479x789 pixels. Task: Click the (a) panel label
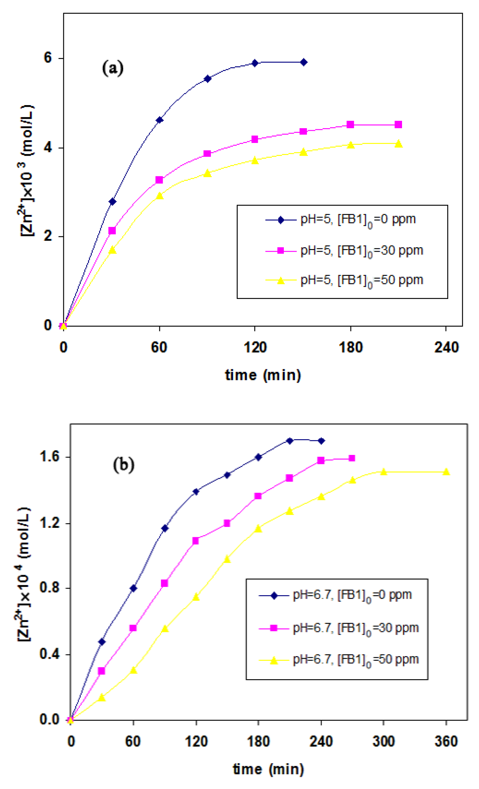tap(112, 68)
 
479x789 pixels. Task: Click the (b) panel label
tap(124, 465)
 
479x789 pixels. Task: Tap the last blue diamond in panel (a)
tap(304, 62)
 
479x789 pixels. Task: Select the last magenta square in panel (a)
tap(398, 125)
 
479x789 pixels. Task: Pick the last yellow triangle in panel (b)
tap(446, 472)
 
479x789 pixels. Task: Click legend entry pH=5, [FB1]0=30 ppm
tap(362, 251)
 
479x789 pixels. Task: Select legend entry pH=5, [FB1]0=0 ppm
tap(358, 220)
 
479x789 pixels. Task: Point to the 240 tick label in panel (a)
tap(446, 347)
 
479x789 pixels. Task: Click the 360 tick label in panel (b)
tap(446, 741)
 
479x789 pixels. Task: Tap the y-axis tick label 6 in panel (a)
tap(48, 58)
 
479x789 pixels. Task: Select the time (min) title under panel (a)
tap(263, 375)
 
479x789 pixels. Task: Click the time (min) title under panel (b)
tap(268, 769)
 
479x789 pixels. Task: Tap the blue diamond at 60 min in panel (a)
tap(159, 120)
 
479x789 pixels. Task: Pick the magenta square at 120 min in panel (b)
tap(196, 541)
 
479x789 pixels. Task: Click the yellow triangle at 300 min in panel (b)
tap(384, 472)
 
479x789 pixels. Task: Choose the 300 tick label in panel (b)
tap(384, 741)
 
